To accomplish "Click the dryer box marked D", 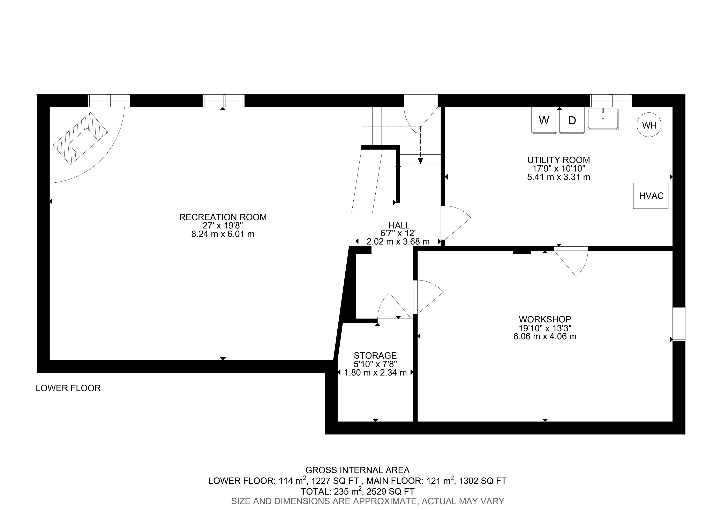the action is point(572,120).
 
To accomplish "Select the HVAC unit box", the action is point(651,196).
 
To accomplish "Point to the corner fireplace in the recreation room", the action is point(80,139).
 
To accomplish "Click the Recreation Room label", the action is point(223,217).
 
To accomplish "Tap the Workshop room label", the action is point(545,319).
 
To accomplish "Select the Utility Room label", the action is point(559,160).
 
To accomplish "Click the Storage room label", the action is point(375,355).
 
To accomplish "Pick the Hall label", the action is point(399,225).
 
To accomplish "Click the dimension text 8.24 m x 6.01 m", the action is point(223,234).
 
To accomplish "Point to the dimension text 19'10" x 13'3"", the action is point(545,328).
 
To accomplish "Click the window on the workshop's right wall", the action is point(679,324).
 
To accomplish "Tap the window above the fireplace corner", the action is point(109,101).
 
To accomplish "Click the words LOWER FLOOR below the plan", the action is point(68,388).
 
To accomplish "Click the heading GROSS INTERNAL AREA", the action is point(357,470).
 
